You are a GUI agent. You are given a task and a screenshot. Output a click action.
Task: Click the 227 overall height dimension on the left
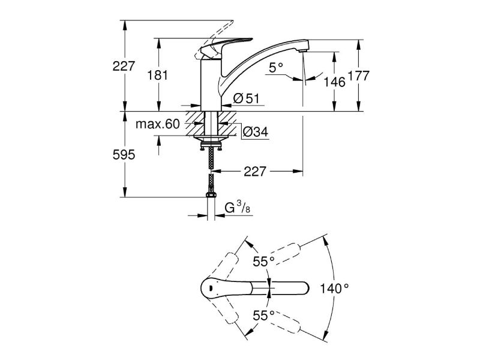pos(124,67)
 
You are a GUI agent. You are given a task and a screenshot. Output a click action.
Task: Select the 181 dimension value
pos(158,75)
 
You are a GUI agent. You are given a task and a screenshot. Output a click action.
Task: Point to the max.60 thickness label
pos(157,124)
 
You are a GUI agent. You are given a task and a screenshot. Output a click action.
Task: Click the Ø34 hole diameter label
pos(254,132)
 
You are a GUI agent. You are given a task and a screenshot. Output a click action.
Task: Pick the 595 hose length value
pos(124,155)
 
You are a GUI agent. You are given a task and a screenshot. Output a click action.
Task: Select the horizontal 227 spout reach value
pos(255,172)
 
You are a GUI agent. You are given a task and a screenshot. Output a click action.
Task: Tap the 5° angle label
pos(276,68)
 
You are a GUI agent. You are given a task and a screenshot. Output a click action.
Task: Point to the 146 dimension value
pos(334,82)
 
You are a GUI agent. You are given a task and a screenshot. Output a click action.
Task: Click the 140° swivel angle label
pos(334,288)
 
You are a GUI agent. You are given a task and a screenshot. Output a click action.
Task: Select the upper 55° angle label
pos(263,261)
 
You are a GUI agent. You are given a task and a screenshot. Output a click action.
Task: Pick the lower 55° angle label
pos(263,314)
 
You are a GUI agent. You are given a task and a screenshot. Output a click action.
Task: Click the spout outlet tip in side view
pos(304,55)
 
